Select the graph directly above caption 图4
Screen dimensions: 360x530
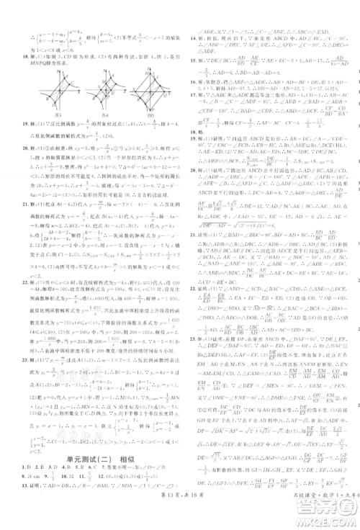tap(99, 87)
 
